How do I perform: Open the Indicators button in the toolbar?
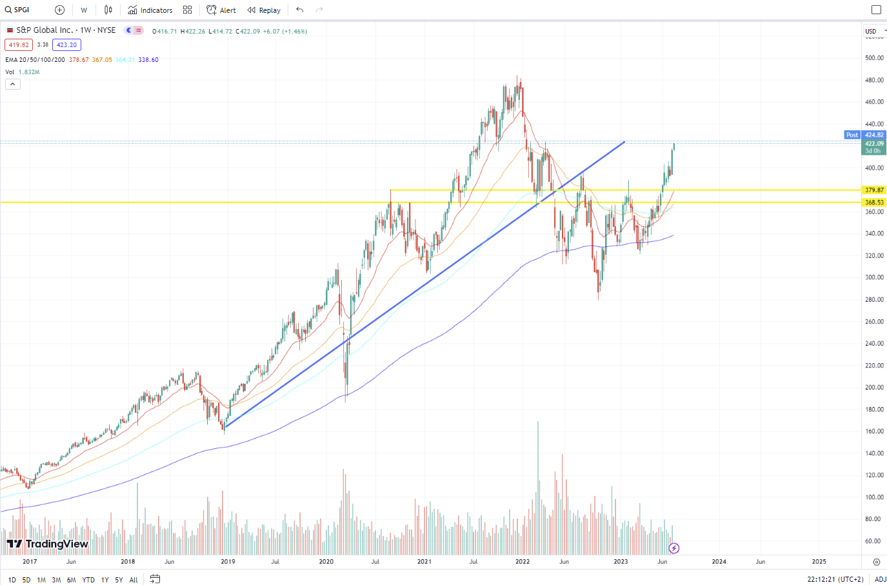(x=150, y=10)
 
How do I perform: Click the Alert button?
(x=221, y=10)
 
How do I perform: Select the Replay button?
(x=264, y=10)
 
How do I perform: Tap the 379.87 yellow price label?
(x=874, y=190)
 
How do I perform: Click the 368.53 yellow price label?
(x=874, y=203)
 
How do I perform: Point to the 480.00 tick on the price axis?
(x=874, y=80)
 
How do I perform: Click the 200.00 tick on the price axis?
(x=874, y=387)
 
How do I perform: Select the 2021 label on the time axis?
(x=424, y=561)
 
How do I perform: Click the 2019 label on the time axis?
(x=228, y=561)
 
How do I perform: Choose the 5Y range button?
(x=119, y=580)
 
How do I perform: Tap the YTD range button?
(x=88, y=580)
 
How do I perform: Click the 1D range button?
(x=12, y=580)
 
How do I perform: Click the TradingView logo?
(x=47, y=544)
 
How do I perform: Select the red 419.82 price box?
(x=19, y=45)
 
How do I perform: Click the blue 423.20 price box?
(x=66, y=45)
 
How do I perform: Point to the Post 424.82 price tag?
(x=865, y=135)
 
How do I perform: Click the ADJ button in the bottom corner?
(x=880, y=579)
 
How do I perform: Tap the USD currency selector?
(x=872, y=31)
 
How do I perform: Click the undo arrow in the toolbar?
(x=300, y=10)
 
